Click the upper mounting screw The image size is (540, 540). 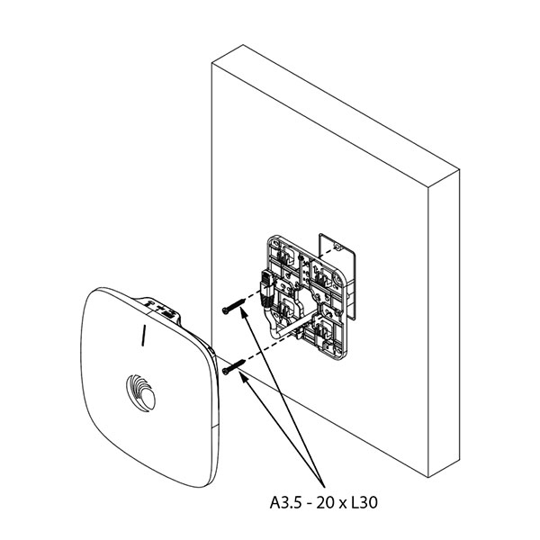click(234, 305)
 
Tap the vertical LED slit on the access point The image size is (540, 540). click(143, 335)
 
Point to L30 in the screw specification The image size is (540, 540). click(364, 502)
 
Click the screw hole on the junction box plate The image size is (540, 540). click(337, 247)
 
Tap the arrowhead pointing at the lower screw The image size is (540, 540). click(243, 377)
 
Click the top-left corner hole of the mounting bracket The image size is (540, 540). click(276, 243)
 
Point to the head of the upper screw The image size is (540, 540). click(225, 310)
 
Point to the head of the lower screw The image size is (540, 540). click(225, 371)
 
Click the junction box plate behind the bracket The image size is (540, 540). click(337, 275)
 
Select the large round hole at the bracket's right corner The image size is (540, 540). click(335, 280)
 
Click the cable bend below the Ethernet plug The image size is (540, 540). click(271, 320)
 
